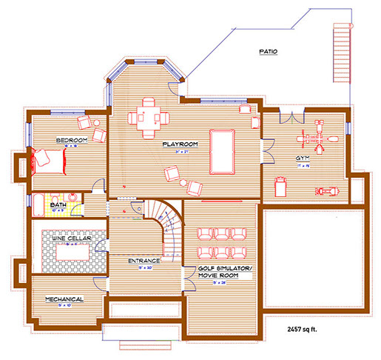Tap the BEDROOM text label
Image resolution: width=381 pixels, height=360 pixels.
(72, 140)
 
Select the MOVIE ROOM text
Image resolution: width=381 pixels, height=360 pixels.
(220, 274)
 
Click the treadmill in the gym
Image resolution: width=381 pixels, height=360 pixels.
(278, 184)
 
